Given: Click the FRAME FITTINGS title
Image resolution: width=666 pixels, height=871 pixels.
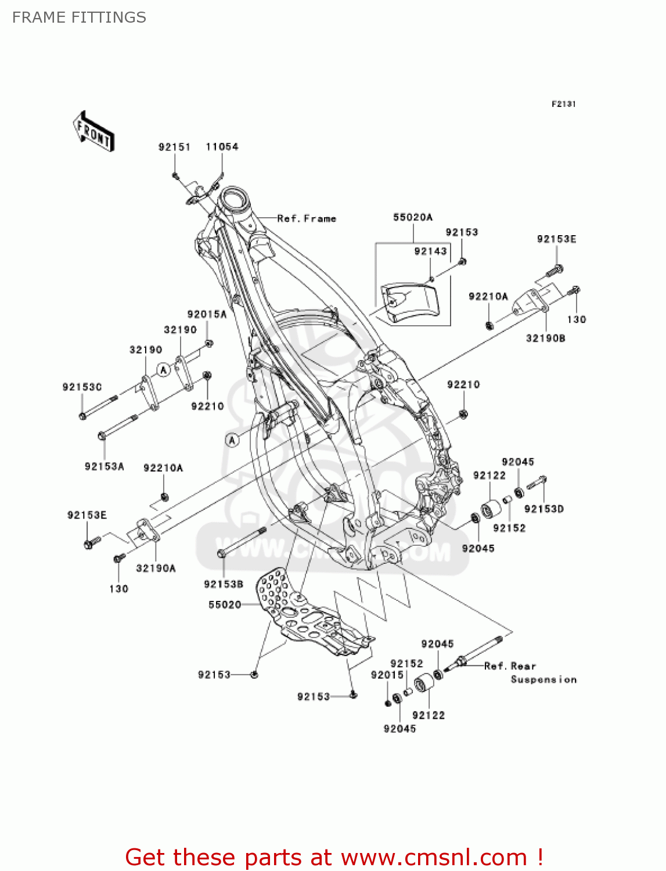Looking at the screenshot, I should click(x=79, y=17).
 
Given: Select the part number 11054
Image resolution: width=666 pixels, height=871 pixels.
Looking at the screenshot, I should click(x=222, y=147).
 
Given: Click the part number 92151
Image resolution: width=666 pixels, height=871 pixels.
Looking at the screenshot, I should click(x=174, y=147).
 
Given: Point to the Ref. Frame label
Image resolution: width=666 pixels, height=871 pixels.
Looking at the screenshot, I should click(x=307, y=219).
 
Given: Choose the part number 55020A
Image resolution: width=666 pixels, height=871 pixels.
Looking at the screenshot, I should click(x=413, y=217).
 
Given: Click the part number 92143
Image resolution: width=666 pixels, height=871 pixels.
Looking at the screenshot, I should click(x=430, y=251).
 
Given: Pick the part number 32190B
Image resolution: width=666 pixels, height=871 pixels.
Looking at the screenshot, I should click(x=545, y=338).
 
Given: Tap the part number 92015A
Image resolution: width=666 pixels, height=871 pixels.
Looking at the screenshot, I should click(x=207, y=314).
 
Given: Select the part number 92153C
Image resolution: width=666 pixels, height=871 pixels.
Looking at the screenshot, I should click(x=82, y=387).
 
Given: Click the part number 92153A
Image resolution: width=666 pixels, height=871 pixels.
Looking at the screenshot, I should click(x=105, y=466).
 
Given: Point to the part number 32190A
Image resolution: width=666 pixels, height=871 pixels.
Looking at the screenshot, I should click(x=156, y=568).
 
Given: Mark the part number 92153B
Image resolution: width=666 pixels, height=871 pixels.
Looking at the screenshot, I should click(x=224, y=584).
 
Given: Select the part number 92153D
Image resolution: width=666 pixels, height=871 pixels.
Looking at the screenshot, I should click(x=543, y=509).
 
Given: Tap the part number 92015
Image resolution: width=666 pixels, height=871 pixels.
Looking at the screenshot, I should click(x=387, y=675).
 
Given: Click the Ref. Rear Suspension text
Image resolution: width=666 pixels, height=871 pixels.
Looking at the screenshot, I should click(x=530, y=672).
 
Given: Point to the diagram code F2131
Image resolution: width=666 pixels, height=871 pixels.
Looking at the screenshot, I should click(x=563, y=104).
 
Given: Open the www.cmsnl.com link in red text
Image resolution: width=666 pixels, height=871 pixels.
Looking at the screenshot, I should click(x=434, y=857).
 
